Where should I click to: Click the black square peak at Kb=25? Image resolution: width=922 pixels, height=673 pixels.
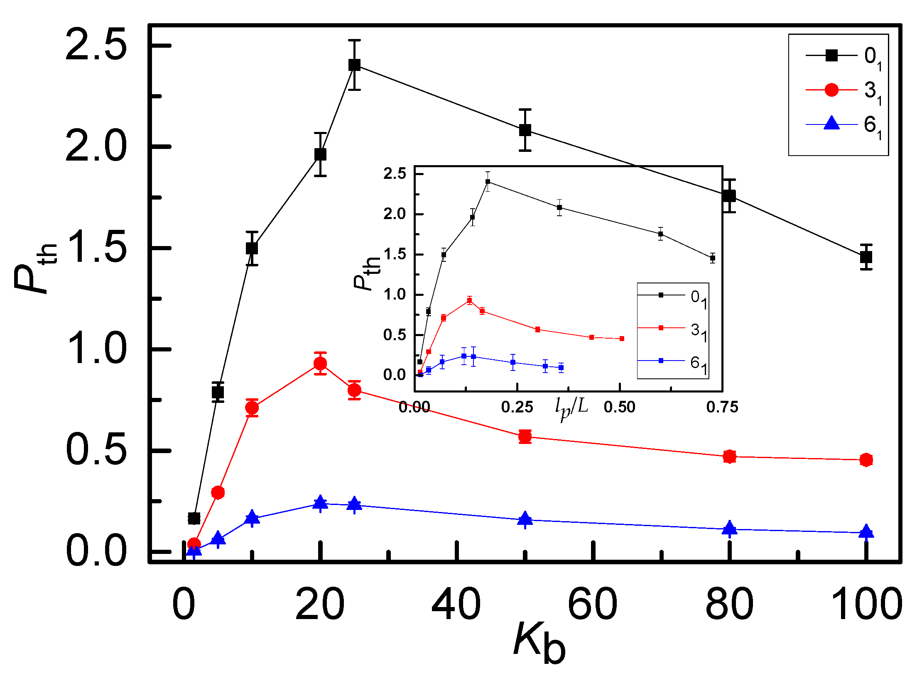[x=354, y=65]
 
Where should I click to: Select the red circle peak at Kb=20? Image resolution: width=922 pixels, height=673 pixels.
[x=320, y=363]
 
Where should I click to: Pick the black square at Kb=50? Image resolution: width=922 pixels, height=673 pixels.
[x=525, y=130]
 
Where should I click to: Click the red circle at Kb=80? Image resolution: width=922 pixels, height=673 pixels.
[x=729, y=456]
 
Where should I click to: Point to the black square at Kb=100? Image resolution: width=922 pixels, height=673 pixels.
[x=866, y=257]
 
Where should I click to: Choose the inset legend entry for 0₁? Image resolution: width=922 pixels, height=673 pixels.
[x=673, y=295]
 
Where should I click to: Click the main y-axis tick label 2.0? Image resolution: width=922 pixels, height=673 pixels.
[x=96, y=147]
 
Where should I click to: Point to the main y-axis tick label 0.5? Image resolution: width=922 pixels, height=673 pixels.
[x=96, y=450]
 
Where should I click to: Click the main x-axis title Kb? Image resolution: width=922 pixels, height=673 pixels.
[x=539, y=643]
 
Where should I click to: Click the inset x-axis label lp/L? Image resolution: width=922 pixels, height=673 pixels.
[x=572, y=408]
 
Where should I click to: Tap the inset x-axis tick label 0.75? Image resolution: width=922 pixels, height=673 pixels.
[x=722, y=407]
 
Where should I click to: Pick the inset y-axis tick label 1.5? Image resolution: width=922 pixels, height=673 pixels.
[x=395, y=254]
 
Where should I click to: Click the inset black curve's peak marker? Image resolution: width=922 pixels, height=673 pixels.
[x=488, y=181]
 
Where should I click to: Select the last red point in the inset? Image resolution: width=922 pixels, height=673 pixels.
[x=622, y=339]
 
